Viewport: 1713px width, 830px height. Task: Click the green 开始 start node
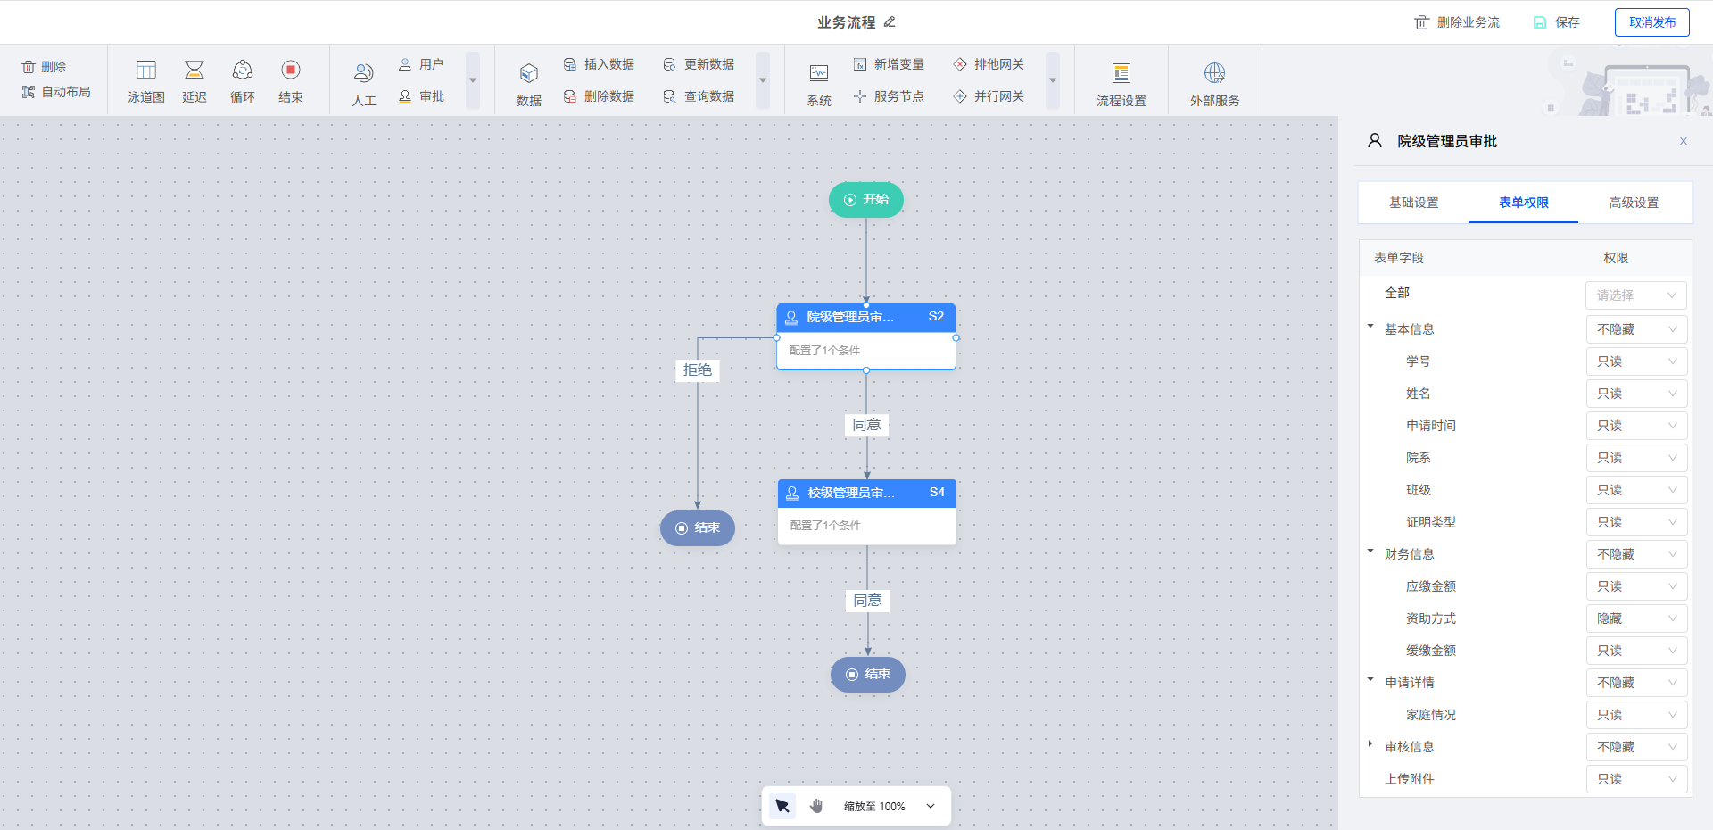[865, 200]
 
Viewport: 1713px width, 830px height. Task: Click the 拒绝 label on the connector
[697, 370]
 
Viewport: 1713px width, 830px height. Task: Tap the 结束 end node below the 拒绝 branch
[697, 528]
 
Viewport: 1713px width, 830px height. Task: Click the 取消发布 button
[1651, 22]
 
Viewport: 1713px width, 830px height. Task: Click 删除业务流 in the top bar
[1457, 22]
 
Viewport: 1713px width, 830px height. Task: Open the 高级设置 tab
[1634, 203]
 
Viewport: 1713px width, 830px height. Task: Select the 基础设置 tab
[1413, 203]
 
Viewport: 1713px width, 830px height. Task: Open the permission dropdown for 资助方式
[1636, 618]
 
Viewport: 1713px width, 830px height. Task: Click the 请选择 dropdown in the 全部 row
[1636, 295]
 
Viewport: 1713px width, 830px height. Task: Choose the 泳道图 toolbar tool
[146, 80]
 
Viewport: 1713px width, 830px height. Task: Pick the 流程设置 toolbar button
[1121, 82]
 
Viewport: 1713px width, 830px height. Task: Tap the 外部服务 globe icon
[1214, 73]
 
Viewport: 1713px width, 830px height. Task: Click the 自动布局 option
[56, 92]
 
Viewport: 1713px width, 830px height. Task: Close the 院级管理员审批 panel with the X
[1684, 141]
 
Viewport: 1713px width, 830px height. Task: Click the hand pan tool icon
[816, 806]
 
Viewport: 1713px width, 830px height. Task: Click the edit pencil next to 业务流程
[890, 22]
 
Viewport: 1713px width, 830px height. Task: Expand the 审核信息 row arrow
[1370, 744]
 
